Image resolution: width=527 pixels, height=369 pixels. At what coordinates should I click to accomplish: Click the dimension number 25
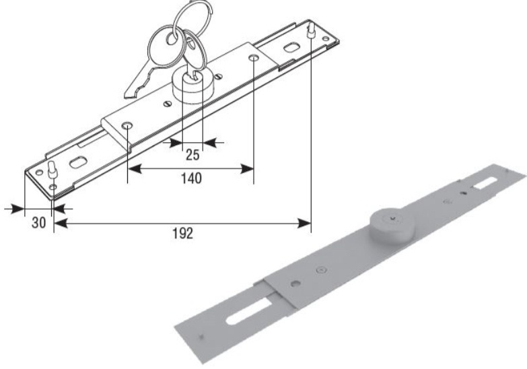[192, 155]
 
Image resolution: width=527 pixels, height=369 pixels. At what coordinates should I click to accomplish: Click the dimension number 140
[191, 178]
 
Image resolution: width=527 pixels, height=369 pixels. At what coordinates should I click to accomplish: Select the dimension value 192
[183, 233]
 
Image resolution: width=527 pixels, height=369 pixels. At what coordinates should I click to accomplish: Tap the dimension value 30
[38, 223]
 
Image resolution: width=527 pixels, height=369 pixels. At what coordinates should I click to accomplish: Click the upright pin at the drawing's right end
[311, 30]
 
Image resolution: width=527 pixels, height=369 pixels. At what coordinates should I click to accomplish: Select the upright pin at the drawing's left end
[52, 170]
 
